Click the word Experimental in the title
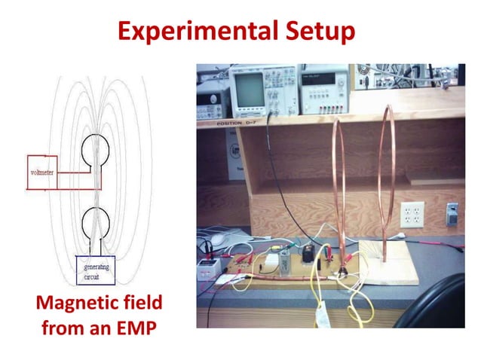[x=195, y=31]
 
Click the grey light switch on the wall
[x=452, y=213]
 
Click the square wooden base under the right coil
[x=389, y=264]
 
